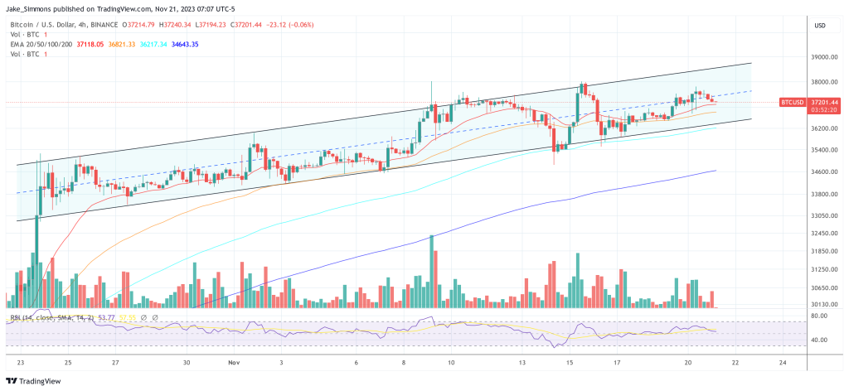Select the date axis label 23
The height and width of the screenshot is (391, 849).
20,363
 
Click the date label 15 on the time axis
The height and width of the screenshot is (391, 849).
570,363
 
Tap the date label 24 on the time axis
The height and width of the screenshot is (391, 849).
783,363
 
